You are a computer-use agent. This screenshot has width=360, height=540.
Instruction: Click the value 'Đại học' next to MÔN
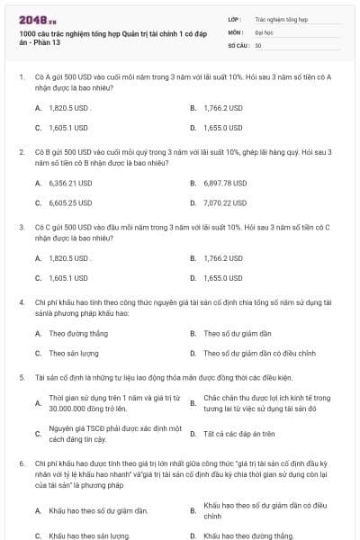point(265,31)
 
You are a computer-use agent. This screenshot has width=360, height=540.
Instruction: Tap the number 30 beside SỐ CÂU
point(258,45)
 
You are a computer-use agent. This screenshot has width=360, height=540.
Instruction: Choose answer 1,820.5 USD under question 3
point(70,257)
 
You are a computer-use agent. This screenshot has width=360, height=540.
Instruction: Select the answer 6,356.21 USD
point(71,183)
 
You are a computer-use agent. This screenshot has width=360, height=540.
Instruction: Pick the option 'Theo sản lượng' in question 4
point(74,354)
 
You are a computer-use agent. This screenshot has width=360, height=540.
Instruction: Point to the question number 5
point(21,378)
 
